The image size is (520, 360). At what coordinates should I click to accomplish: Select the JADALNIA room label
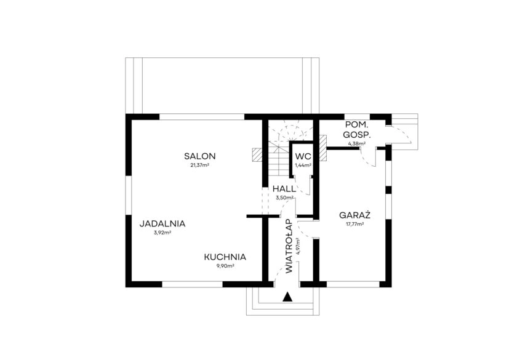[x=162, y=224]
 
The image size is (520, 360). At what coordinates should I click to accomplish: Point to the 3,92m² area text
[x=162, y=233]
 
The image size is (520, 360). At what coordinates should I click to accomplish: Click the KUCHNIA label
[x=225, y=257]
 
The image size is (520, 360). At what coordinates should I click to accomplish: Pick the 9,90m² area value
[x=225, y=266]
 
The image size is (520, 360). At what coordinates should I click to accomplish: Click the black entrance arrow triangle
[x=287, y=297]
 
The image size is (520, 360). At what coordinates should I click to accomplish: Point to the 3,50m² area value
[x=284, y=198]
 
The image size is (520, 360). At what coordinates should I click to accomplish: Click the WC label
[x=303, y=156]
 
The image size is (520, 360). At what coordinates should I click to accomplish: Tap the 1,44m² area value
[x=303, y=165]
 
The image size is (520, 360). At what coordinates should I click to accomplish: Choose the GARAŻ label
[x=354, y=216]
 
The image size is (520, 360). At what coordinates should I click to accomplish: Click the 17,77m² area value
[x=354, y=225]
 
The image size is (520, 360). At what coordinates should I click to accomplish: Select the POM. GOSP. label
[x=357, y=130]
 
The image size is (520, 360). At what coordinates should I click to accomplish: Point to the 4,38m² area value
[x=357, y=143]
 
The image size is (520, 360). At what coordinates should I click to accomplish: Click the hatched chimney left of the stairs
[x=258, y=154]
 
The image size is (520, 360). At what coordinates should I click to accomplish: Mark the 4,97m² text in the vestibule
[x=298, y=246]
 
